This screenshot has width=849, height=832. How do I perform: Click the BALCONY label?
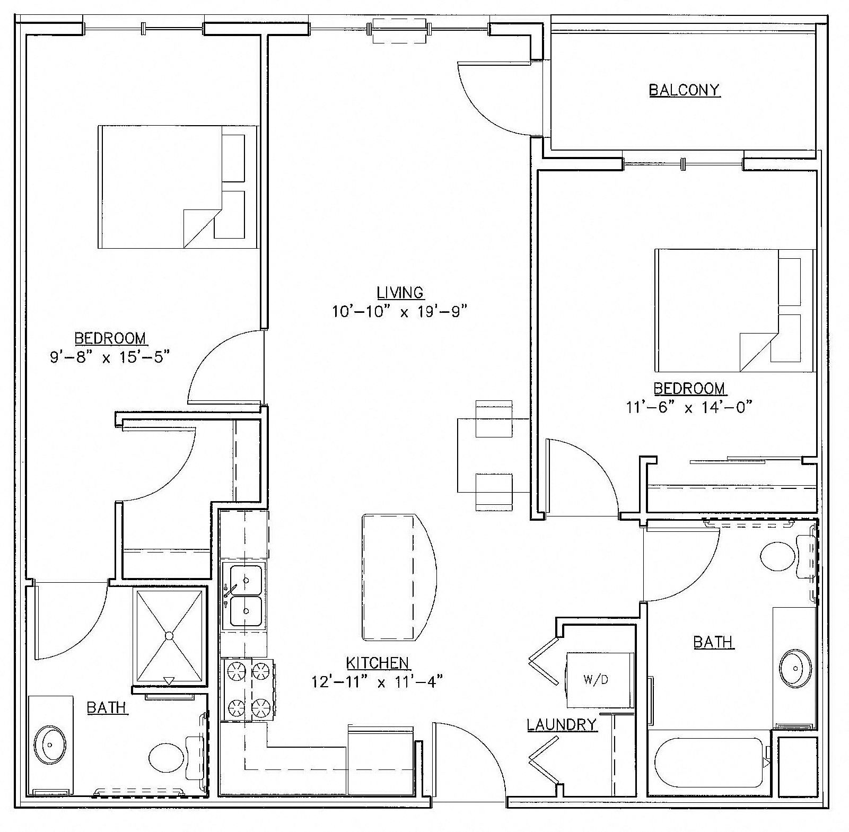(684, 90)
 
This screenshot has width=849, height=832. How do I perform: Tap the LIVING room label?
(400, 292)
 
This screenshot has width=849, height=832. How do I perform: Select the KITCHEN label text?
(378, 662)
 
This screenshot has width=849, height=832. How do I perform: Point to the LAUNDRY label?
(562, 724)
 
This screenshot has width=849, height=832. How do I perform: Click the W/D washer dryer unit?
(600, 680)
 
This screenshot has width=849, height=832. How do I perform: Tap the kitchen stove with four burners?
(247, 690)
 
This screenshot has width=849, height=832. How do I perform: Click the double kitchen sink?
(243, 596)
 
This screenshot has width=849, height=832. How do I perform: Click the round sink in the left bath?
(49, 744)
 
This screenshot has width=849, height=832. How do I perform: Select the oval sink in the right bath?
(795, 668)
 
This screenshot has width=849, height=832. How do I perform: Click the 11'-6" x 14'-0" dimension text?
(689, 407)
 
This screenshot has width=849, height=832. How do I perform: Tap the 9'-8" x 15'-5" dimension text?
(110, 357)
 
